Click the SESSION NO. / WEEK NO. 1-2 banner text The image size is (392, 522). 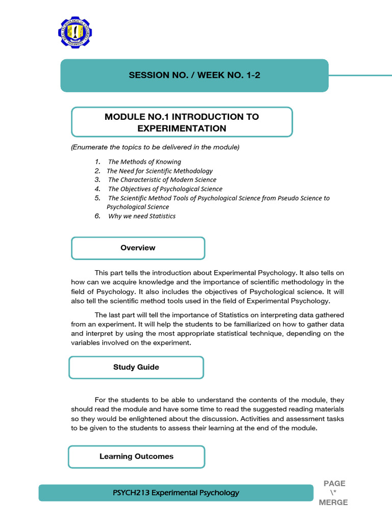(194, 75)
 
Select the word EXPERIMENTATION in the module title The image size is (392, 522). (182, 128)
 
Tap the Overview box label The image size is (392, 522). (138, 248)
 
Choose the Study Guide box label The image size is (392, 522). (136, 367)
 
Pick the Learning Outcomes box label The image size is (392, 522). (136, 456)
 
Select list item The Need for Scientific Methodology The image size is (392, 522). (159, 171)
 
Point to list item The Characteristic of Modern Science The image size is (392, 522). (162, 180)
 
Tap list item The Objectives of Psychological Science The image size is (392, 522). (165, 189)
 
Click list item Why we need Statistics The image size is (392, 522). (141, 216)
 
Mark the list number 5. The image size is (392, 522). (97, 198)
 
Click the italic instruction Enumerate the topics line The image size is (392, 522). (155, 147)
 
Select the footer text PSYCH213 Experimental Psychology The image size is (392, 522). (176, 493)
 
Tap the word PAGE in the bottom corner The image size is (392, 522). (334, 483)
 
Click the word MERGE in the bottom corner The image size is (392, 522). (333, 503)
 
